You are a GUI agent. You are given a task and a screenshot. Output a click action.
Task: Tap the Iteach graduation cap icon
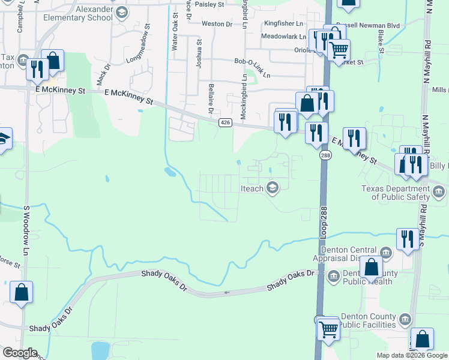273,188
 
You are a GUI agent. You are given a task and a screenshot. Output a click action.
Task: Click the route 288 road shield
325,155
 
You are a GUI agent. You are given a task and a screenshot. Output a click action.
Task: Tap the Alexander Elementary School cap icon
122,13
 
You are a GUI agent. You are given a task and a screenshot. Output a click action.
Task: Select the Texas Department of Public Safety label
396,193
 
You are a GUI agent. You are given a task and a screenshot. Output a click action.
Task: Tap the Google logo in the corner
20,353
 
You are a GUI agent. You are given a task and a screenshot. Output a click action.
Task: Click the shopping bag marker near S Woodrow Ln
22,293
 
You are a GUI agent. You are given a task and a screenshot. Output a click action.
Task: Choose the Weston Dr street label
217,24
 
